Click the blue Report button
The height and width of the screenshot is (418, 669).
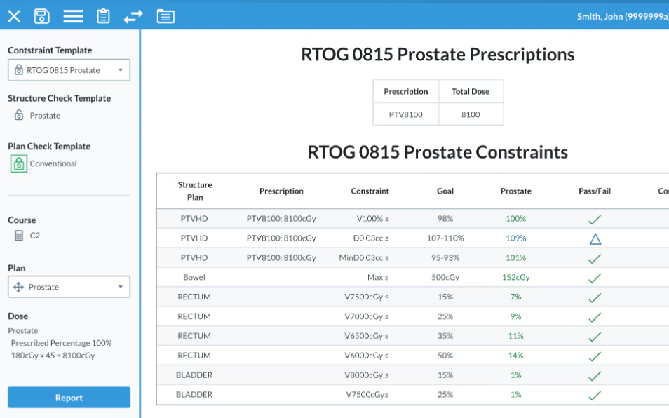(x=69, y=398)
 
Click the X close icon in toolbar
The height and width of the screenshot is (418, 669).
(x=14, y=17)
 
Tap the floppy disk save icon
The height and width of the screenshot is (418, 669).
(x=42, y=16)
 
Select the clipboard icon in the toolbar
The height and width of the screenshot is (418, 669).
(x=103, y=16)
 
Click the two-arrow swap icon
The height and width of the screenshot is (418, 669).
(x=133, y=17)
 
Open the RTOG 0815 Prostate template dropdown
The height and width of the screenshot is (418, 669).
(x=69, y=70)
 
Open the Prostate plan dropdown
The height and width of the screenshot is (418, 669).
(x=69, y=287)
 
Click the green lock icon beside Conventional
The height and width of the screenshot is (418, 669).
(x=19, y=164)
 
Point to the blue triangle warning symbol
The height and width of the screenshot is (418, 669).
(x=595, y=239)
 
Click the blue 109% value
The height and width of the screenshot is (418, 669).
(x=516, y=238)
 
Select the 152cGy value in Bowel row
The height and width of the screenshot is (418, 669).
(x=516, y=277)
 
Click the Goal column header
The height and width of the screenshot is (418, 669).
(x=445, y=191)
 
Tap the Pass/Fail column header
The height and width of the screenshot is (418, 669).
(x=595, y=191)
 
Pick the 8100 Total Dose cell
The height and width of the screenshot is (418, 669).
(x=471, y=114)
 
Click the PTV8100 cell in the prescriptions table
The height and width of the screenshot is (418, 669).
(x=406, y=114)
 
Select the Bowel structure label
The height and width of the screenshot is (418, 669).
(x=194, y=277)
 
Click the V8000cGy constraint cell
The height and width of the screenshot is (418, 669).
(x=367, y=375)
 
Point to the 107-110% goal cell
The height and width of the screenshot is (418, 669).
(x=445, y=238)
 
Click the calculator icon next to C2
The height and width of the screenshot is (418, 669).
(x=19, y=236)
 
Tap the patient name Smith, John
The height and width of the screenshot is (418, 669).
(x=600, y=17)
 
